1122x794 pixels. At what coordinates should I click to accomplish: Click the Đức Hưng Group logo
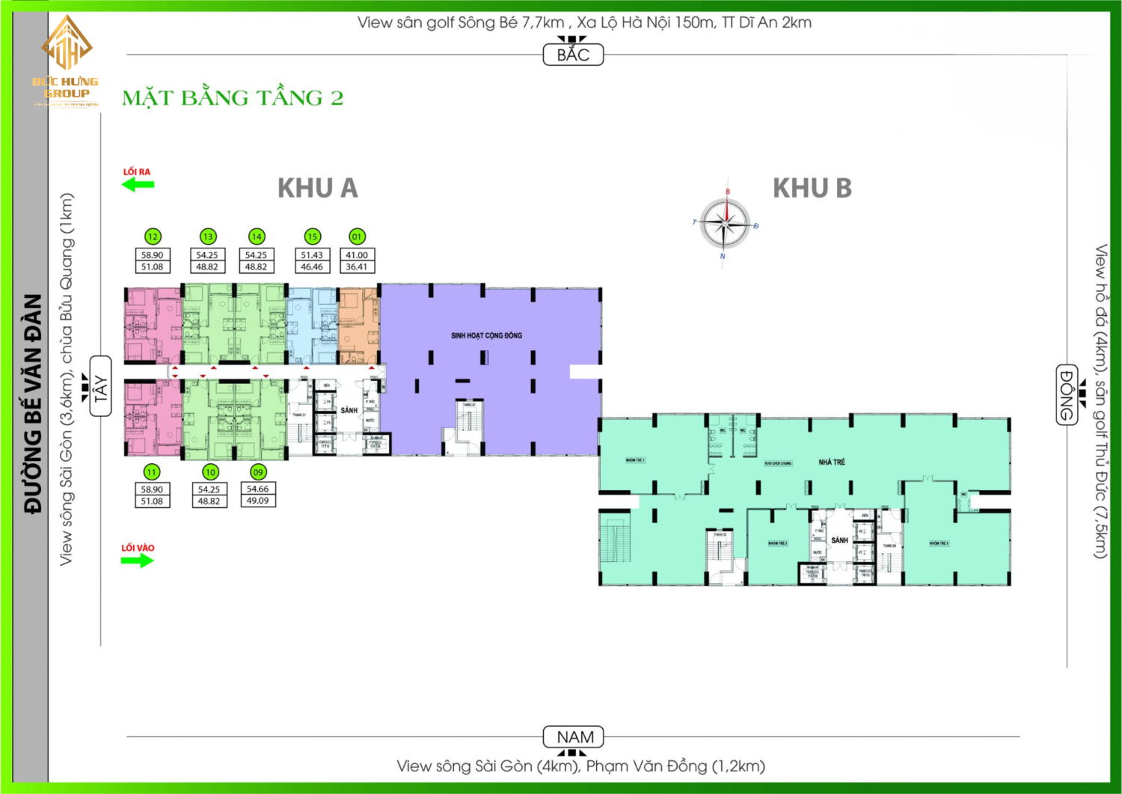click(x=66, y=60)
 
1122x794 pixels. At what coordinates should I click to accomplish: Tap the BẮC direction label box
click(x=573, y=55)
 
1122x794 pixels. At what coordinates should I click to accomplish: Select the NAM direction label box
click(x=574, y=737)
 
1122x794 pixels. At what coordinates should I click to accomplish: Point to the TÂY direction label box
click(x=100, y=387)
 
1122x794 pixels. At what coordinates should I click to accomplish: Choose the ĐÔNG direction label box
click(x=1067, y=394)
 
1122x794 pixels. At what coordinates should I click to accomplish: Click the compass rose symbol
click(x=725, y=223)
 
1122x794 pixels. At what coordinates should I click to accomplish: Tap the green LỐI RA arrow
click(x=138, y=184)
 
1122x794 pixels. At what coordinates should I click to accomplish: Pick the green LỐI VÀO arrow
click(x=138, y=561)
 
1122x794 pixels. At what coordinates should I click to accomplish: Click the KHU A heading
click(x=318, y=189)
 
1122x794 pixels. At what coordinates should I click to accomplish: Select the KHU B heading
click(x=812, y=189)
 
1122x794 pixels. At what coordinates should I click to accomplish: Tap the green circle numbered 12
click(x=153, y=236)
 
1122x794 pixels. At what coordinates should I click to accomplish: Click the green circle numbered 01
click(x=357, y=236)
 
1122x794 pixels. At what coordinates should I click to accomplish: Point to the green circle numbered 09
click(x=258, y=472)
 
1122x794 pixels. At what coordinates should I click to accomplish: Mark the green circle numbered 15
click(x=312, y=236)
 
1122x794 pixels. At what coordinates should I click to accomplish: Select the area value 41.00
click(x=357, y=255)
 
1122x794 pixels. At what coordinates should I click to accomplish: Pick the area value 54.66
click(x=257, y=489)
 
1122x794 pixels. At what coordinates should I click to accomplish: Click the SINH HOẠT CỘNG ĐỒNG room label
click(x=486, y=335)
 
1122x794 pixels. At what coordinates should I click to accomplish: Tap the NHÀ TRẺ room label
click(x=831, y=462)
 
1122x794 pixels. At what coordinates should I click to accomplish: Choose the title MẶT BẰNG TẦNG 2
click(x=233, y=98)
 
